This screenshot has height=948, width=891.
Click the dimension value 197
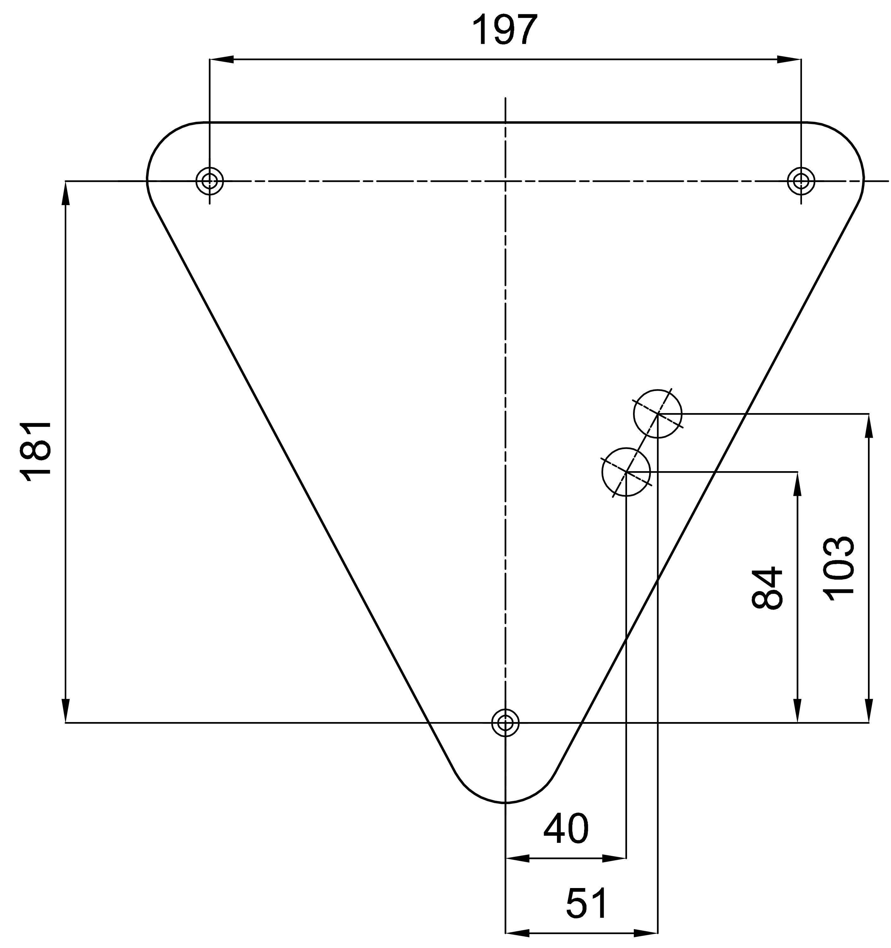[x=505, y=30]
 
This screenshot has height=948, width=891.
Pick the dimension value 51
[x=587, y=903]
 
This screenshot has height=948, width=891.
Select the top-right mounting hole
[x=801, y=181]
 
